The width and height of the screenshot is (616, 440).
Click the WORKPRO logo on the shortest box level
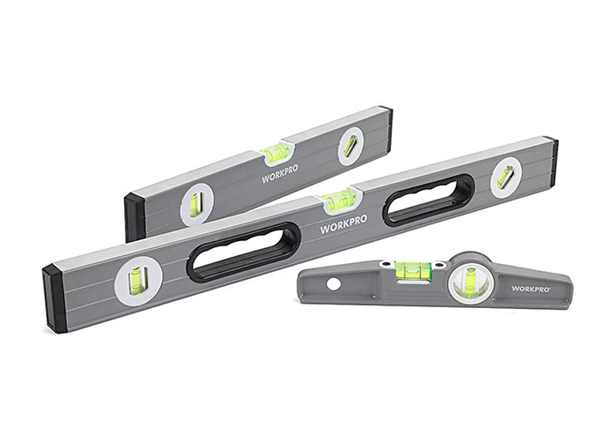coord(280,173)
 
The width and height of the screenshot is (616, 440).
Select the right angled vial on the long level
coord(505,175)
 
